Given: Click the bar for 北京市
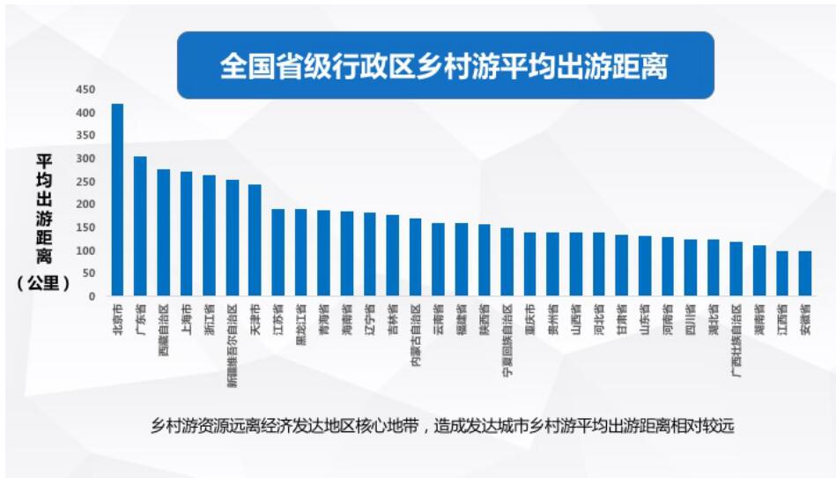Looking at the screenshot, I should tap(117, 200).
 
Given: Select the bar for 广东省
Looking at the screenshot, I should tap(140, 226).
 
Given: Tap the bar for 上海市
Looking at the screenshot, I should tap(186, 234).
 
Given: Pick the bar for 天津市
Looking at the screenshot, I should tap(255, 240).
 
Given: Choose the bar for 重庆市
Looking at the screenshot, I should tap(529, 265).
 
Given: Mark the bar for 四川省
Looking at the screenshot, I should tap(690, 267).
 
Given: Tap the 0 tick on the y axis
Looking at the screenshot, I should tap(92, 296).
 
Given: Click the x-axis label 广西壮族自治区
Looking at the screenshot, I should tap(736, 340).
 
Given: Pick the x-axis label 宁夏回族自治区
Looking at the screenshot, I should tap(507, 340).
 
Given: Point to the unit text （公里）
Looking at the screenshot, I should tap(43, 284).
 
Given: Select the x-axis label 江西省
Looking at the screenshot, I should tap(782, 319).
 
